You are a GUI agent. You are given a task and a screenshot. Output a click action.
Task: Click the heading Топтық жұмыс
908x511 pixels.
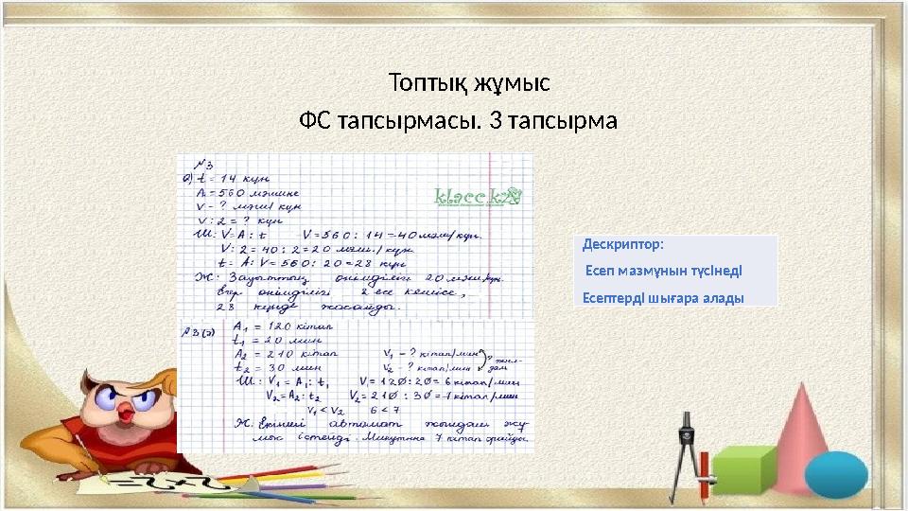[469, 82]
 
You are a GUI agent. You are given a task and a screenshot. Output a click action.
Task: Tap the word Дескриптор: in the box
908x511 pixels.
[623, 244]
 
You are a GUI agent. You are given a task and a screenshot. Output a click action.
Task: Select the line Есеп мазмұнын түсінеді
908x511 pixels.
[664, 271]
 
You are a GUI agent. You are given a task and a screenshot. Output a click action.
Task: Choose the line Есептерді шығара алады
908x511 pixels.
[662, 297]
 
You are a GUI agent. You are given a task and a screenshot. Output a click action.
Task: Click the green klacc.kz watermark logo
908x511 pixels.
[477, 197]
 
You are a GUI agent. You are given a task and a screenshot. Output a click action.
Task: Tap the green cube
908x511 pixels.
[744, 469]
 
